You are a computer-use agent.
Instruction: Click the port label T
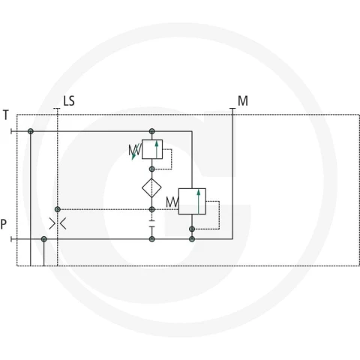click(6, 115)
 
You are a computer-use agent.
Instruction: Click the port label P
click(4, 224)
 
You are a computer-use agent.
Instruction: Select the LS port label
click(69, 101)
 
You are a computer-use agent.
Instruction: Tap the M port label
click(243, 100)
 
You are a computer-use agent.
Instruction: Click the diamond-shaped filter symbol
click(151, 187)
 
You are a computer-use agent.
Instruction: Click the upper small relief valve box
click(152, 149)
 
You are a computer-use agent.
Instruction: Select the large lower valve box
click(192, 201)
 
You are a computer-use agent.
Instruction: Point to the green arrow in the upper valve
click(157, 149)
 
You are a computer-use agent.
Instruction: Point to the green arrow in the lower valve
click(199, 202)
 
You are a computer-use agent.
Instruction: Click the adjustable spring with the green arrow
click(135, 151)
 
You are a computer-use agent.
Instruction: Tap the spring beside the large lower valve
click(172, 202)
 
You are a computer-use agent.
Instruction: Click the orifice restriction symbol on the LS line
click(58, 223)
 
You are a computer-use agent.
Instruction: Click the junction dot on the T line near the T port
click(31, 131)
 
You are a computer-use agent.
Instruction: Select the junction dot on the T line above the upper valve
click(152, 131)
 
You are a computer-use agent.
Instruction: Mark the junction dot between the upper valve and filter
click(151, 169)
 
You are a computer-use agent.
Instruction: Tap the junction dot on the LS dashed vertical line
click(58, 209)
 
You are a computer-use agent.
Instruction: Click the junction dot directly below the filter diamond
click(152, 209)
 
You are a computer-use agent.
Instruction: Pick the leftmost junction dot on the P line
click(44, 239)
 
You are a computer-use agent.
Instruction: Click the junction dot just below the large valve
click(192, 229)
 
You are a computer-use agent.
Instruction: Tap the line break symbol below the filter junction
click(152, 223)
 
